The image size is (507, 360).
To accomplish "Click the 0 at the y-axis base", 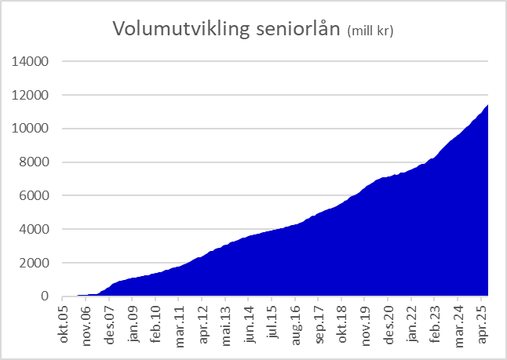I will click(x=46, y=296).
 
